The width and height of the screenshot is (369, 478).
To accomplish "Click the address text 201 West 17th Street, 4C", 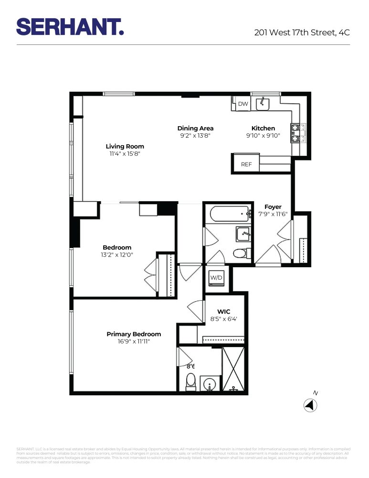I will point(302,33).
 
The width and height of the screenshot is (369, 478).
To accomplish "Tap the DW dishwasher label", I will point(242,104).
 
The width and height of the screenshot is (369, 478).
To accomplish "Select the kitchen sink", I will point(263,103).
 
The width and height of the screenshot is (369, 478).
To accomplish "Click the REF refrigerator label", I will point(246,164).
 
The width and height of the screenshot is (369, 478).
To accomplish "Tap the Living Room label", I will point(125,146).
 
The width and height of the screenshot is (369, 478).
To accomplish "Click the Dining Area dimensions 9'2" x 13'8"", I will point(195,136).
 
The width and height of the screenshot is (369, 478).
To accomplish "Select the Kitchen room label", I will point(263,128).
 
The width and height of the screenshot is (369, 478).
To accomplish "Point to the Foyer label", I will point(273,207).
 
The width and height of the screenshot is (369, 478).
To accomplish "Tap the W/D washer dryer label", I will point(216,277).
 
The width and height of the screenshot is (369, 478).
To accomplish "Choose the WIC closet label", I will point(224,312).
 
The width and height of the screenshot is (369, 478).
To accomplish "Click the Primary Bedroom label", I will point(134,334).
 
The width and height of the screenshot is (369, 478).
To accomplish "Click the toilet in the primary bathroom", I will point(191,381).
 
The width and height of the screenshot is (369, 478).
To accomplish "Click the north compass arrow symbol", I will point(311,405).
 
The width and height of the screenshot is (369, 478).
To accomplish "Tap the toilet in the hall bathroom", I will point(240,253).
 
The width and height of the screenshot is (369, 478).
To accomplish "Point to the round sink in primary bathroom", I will point(210,384).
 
